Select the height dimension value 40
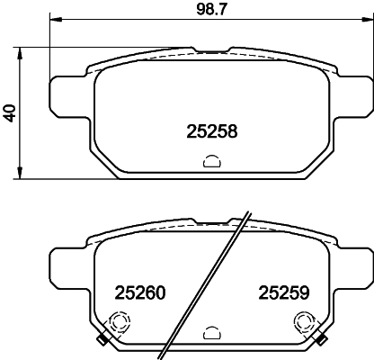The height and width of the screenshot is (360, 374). coord(10,112)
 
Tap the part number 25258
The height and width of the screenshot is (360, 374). coord(211,131)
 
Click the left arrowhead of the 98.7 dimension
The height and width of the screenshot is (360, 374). coord(53,21)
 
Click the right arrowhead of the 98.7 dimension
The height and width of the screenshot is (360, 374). coord(366,21)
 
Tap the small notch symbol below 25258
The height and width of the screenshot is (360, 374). coord(211,162)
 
